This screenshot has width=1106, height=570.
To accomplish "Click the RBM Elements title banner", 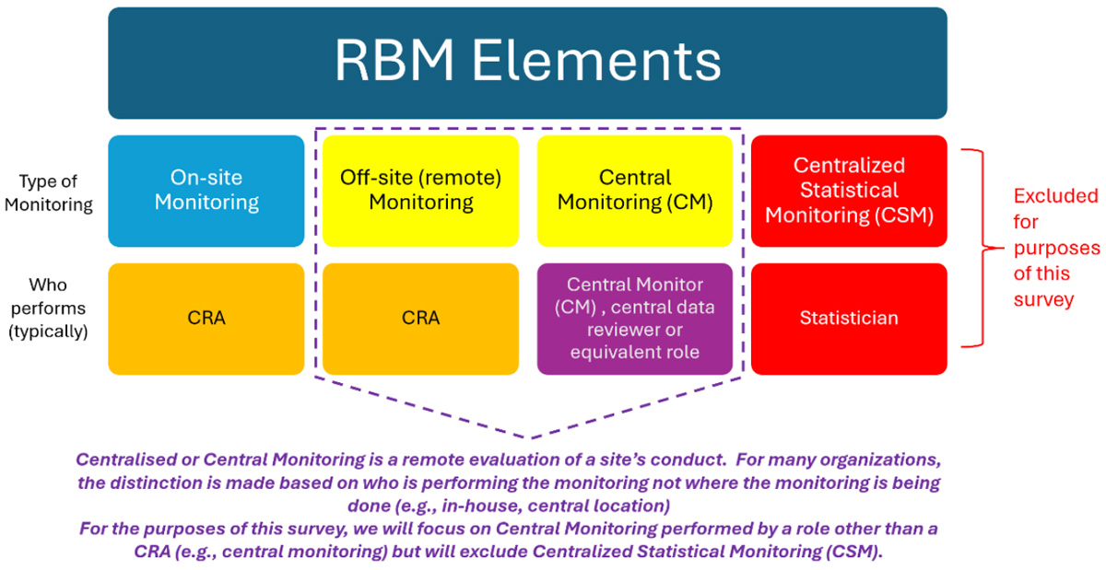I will point(527,63).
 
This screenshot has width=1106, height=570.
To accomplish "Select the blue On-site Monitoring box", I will point(206,191).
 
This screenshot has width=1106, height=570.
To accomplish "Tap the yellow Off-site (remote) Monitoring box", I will point(420,191).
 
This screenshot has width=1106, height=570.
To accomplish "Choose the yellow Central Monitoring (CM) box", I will point(635,191).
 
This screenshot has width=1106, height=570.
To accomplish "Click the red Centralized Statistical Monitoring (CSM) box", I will point(849,191).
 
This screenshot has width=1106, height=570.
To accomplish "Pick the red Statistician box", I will point(849,319).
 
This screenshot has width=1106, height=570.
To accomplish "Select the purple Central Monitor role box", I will point(635,319).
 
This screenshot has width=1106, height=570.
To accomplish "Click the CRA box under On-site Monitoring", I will point(206,319).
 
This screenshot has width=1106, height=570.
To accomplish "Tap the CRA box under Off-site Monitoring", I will point(420,319).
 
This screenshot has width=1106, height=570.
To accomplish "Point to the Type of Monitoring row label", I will point(49,191).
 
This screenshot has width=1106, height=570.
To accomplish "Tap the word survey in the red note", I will point(1043,299).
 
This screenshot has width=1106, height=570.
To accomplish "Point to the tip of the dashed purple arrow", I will point(528,436).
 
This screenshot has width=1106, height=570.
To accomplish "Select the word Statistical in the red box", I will point(849,191).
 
